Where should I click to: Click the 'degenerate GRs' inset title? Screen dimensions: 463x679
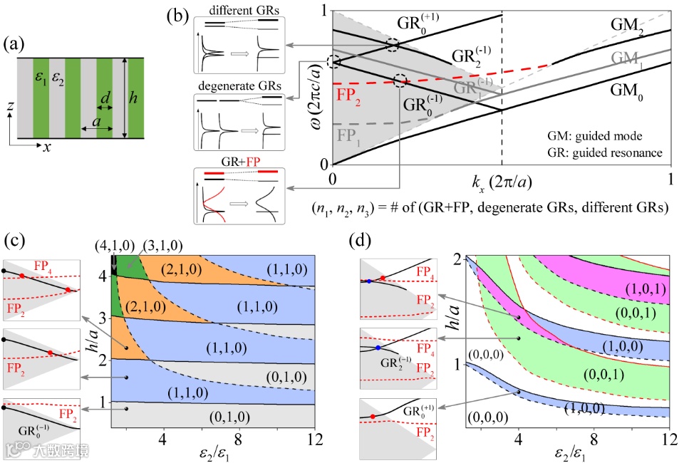coord(240,88)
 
